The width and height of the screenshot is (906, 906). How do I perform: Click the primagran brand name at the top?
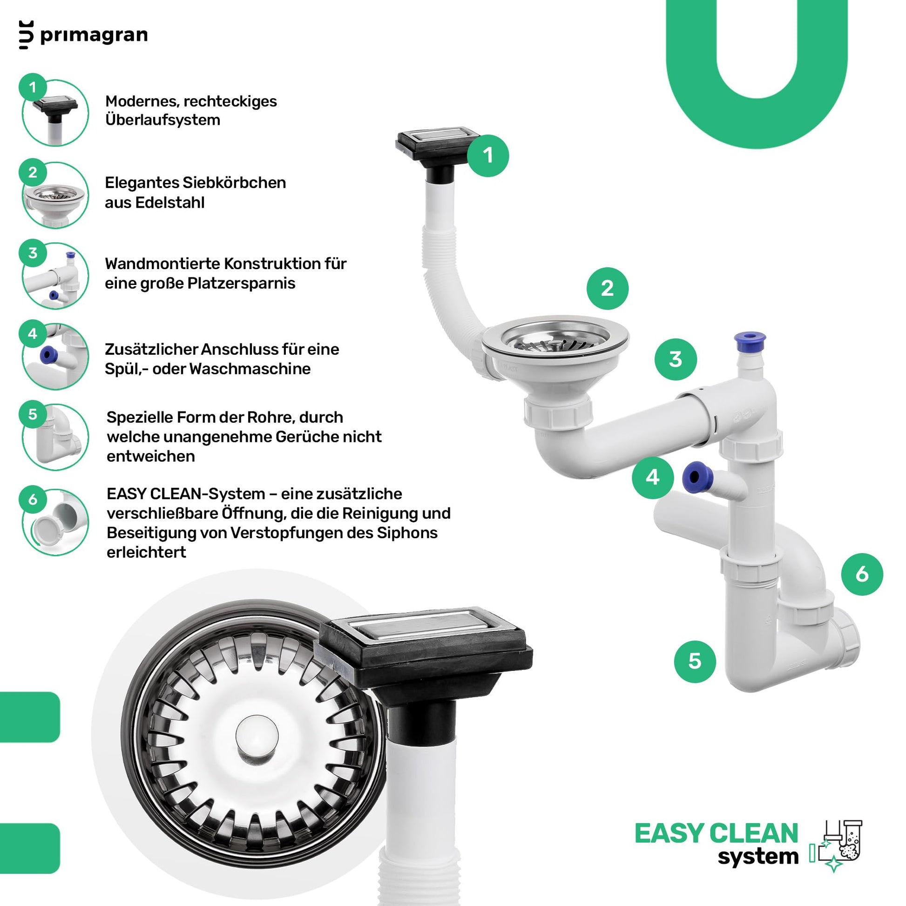pyautogui.click(x=94, y=36)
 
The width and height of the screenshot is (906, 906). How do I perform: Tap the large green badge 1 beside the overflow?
pyautogui.click(x=488, y=156)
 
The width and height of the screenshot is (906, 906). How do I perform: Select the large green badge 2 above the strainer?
pyautogui.click(x=607, y=288)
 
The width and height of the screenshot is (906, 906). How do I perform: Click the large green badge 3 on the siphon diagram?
pyautogui.click(x=675, y=360)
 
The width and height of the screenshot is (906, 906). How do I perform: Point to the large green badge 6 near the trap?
pyautogui.click(x=862, y=575)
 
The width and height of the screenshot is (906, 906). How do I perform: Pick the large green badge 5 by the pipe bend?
pyautogui.click(x=695, y=662)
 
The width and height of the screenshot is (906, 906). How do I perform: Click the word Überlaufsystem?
pyautogui.click(x=163, y=120)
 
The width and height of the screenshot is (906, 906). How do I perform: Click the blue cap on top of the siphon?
pyautogui.click(x=750, y=338)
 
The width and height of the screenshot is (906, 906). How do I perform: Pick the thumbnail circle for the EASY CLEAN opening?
pyautogui.click(x=55, y=522)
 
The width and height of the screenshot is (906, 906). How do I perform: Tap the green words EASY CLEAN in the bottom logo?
pyautogui.click(x=716, y=833)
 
